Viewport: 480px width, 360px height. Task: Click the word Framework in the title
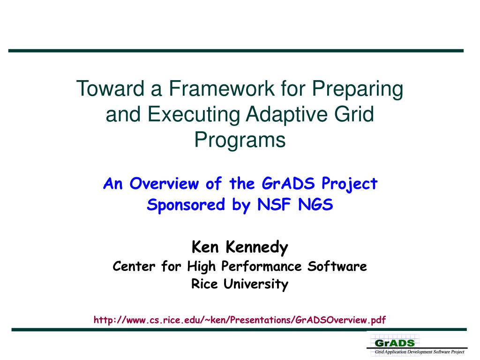coord(222,89)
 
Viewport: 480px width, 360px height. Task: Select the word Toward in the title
coord(110,89)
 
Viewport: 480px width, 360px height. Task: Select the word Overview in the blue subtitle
coord(165,184)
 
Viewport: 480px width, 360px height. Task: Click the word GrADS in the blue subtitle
coord(288,183)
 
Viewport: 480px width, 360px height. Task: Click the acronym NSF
coord(274,204)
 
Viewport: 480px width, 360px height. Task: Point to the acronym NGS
coord(315,204)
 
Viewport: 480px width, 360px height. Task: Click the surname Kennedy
coord(257,247)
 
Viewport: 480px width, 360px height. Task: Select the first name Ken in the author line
coord(205,247)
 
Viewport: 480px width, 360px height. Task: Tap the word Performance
coord(262,266)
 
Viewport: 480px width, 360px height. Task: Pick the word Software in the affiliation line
coord(337,266)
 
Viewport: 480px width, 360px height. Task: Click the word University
coord(256,284)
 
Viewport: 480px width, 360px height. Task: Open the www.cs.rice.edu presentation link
coord(240,320)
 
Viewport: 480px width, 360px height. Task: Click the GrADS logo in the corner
coord(395,343)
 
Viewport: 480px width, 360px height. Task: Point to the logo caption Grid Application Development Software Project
coord(420,352)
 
